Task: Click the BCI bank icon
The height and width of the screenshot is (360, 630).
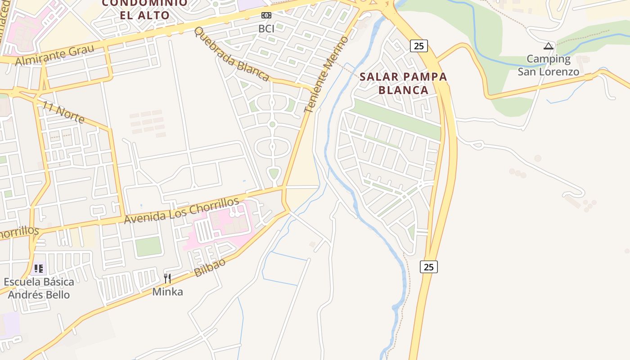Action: pos(266,15)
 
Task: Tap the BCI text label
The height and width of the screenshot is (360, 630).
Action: pos(266,28)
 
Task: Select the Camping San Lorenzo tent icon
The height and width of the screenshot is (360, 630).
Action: pos(548,46)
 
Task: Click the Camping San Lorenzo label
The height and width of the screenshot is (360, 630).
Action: pos(548,65)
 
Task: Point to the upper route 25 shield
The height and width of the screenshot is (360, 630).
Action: pos(418,46)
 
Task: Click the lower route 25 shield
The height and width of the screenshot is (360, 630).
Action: pos(428,267)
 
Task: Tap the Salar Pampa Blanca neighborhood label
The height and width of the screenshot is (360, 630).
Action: pos(403,83)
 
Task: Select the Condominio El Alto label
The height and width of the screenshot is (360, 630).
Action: pos(144,9)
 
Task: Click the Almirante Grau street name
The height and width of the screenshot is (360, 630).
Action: pos(55,55)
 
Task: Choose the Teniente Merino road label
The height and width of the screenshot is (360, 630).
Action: pos(326,75)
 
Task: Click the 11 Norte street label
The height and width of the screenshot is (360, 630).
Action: pos(63,112)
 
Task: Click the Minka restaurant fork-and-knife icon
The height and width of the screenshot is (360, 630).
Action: pos(167,278)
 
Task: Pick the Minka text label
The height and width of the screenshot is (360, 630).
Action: pos(167,292)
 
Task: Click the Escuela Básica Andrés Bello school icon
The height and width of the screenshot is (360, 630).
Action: pos(39,269)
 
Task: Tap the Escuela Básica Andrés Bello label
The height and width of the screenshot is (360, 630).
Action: pos(39,288)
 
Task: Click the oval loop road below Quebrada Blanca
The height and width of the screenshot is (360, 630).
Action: pos(272,147)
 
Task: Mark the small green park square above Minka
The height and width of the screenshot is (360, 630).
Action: pos(148,246)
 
